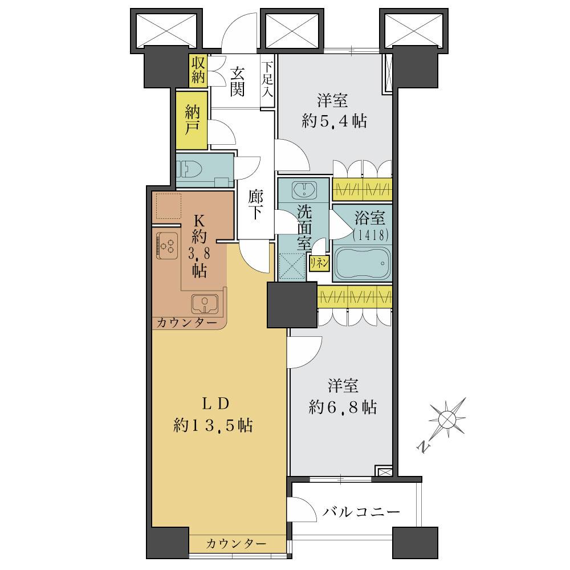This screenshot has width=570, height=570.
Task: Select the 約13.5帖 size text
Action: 215,425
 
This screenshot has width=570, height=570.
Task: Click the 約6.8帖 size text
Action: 343,407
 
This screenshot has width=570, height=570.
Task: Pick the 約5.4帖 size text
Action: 333,121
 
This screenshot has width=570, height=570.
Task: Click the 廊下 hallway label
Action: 255,204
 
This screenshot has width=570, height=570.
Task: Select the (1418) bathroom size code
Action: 370,234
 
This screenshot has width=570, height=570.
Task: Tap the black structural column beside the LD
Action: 292,305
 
